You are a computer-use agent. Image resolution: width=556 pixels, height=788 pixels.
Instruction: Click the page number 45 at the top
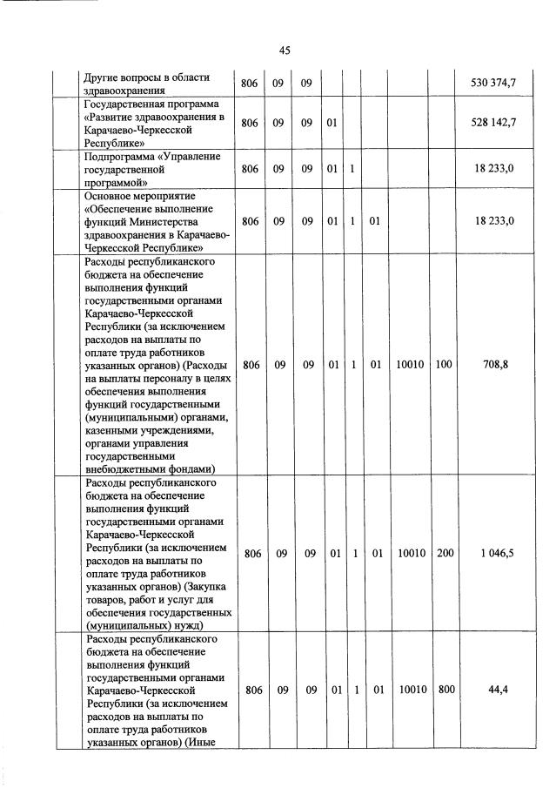(284, 51)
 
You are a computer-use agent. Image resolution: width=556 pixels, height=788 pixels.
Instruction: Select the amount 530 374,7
(493, 83)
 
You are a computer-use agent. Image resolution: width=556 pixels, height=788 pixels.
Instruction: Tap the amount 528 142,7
(493, 123)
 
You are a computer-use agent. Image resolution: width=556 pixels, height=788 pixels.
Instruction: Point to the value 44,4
(498, 690)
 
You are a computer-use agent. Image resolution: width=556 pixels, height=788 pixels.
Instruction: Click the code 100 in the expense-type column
(444, 365)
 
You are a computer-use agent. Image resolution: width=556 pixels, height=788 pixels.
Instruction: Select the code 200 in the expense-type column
(444, 553)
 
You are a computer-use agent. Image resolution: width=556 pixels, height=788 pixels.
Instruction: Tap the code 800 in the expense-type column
(444, 690)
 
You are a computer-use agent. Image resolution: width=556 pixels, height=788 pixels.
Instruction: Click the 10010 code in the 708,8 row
(410, 365)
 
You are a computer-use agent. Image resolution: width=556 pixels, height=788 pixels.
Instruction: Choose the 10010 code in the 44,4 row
(410, 690)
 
